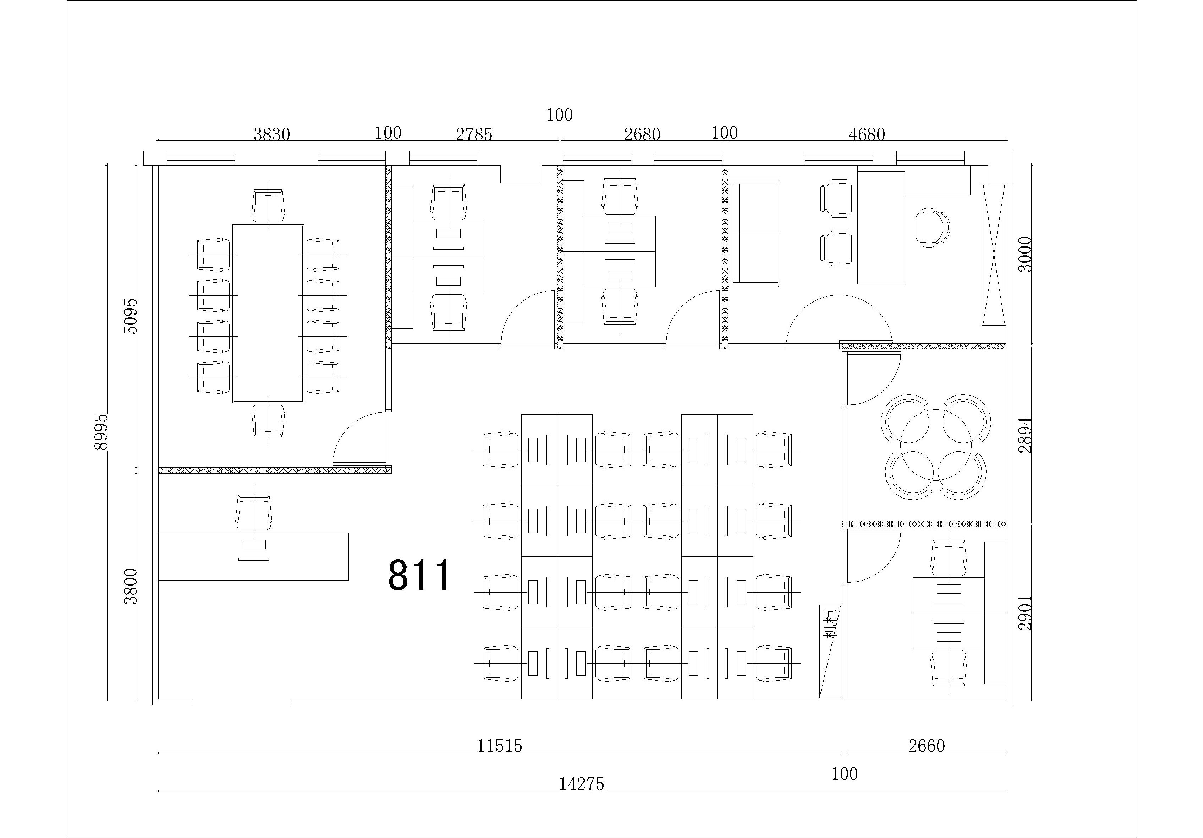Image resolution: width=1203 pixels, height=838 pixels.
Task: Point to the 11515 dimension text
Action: [500, 746]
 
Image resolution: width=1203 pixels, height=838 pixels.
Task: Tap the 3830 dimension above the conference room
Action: [272, 135]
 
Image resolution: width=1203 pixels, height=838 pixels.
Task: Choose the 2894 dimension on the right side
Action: [1025, 435]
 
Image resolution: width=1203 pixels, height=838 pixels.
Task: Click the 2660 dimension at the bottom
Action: [926, 746]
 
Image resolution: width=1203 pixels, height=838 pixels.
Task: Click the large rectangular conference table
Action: [268, 314]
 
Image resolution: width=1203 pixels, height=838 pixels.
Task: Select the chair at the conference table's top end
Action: [268, 205]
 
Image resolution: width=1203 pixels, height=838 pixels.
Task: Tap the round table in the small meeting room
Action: [936, 444]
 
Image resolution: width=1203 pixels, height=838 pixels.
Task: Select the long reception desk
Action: [254, 556]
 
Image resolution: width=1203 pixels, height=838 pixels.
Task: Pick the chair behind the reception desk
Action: [254, 512]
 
